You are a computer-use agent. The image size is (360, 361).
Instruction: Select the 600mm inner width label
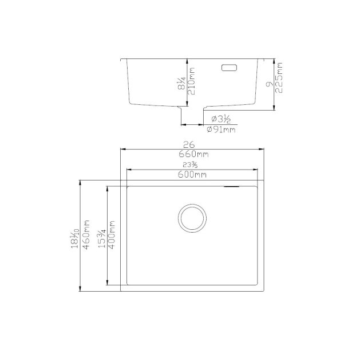click(192, 174)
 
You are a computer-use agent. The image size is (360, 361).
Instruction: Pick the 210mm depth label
click(192, 81)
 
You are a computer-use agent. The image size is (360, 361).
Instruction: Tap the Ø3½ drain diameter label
click(221, 119)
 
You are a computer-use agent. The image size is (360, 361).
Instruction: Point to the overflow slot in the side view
click(230, 67)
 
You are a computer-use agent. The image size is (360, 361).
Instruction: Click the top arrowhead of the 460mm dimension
click(80, 183)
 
